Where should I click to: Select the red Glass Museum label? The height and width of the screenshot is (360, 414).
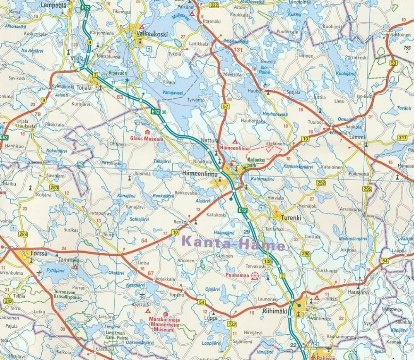coord(147,139)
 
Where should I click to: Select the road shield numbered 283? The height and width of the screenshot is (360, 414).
coord(54,187)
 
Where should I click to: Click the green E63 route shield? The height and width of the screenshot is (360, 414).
coord(4,137)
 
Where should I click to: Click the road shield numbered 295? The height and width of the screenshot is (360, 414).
coord(367,189)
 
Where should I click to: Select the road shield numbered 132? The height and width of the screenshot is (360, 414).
coord(231,324)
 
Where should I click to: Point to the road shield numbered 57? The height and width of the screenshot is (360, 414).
coord(226,107)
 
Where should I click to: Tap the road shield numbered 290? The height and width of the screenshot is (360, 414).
coord(306,254)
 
